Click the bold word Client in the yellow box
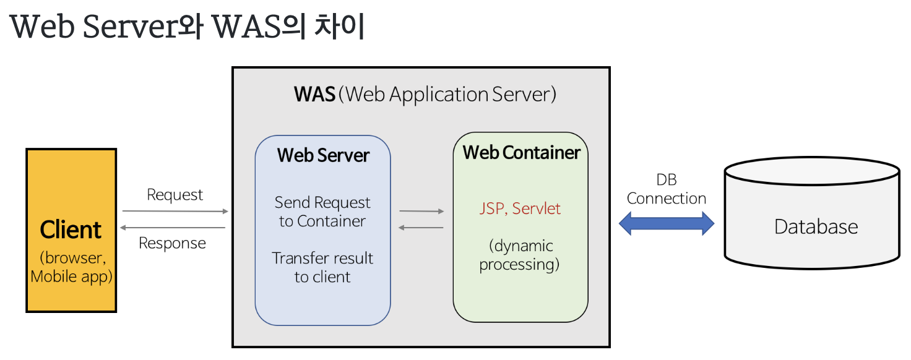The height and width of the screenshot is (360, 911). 71,229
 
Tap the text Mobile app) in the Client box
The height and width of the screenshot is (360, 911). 72,276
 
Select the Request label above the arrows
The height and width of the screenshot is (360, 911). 175,195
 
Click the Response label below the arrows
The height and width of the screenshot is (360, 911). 172,243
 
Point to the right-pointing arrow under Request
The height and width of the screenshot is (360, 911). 175,211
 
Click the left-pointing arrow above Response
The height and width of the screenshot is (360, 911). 173,228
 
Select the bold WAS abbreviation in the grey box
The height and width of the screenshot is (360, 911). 314,95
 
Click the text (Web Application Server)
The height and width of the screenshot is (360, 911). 449,95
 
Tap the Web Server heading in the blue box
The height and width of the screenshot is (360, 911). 323,155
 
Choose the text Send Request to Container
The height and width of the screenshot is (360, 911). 322,212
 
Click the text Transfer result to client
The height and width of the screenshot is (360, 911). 322,267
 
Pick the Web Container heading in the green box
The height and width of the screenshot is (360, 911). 521,152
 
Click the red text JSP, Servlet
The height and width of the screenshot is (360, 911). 520,208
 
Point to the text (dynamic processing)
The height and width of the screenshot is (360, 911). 520,255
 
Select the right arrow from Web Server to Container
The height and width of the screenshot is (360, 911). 421,212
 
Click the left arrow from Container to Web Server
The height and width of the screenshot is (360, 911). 421,228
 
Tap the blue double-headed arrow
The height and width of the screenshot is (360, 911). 667,223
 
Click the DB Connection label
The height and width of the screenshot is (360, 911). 667,189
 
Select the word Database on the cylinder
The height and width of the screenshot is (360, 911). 816,226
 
